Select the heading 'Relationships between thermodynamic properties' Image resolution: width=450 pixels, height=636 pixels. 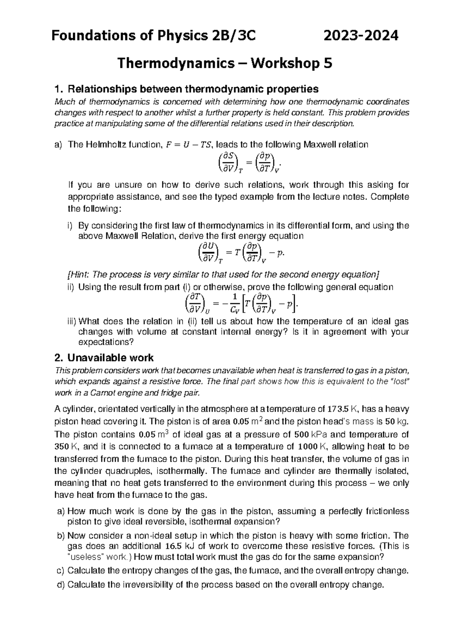[x=193, y=89]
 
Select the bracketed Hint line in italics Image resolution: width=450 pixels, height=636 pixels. [x=223, y=274]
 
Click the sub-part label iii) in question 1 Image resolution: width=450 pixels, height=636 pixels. [x=71, y=322]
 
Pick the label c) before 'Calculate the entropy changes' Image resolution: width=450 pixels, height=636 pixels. [x=60, y=571]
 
